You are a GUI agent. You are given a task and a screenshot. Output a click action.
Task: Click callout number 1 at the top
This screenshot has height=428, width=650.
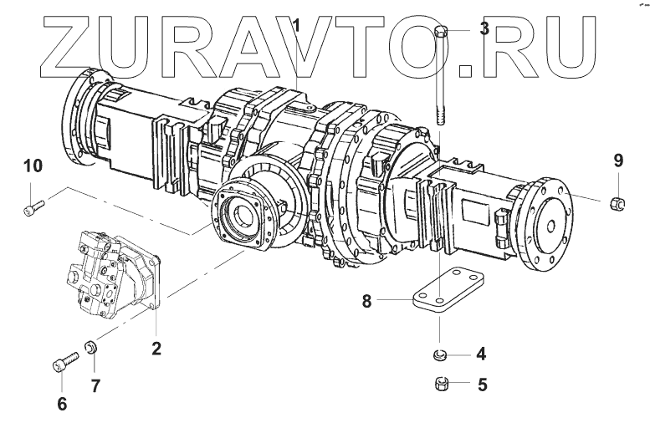[295, 26]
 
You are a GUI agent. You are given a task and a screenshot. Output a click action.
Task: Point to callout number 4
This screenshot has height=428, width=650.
[480, 354]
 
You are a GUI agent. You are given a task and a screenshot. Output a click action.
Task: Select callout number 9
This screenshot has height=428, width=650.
[617, 159]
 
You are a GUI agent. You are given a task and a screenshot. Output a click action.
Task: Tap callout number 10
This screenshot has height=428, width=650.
[32, 166]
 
